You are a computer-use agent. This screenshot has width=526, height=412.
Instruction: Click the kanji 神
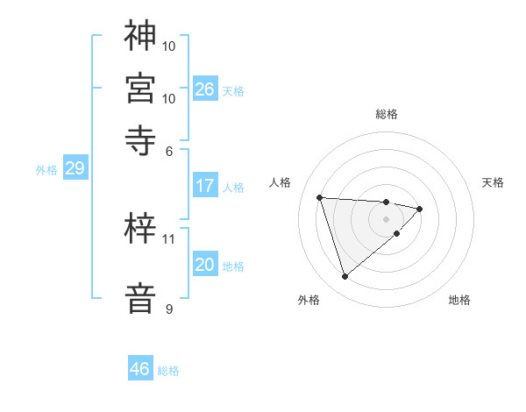140,36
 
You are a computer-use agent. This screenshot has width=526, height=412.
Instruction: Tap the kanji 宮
140,88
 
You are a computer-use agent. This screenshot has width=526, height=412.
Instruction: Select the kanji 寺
140,139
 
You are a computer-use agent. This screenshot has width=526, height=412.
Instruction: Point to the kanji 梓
140,230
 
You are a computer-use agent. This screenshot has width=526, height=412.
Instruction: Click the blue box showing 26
204,89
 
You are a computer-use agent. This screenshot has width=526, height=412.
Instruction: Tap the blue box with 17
204,186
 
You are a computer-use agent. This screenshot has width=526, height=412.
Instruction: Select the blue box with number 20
204,265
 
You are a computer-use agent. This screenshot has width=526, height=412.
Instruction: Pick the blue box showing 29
75,169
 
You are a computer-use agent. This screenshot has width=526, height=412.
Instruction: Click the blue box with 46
140,369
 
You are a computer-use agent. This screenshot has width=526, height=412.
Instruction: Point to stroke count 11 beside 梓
169,238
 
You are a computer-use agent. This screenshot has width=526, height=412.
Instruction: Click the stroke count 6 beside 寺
169,150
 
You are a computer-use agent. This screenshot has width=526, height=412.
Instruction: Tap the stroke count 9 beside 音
169,309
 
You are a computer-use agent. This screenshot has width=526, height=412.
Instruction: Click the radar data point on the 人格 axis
320,196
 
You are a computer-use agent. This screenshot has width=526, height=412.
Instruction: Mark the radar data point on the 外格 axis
345,277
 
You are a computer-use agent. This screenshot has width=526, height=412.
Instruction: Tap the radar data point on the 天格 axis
420,209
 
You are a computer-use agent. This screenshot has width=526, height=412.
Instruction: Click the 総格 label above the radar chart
387,114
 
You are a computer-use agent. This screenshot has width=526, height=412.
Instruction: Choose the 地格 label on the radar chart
459,300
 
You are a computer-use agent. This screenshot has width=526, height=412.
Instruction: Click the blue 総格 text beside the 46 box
168,371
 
